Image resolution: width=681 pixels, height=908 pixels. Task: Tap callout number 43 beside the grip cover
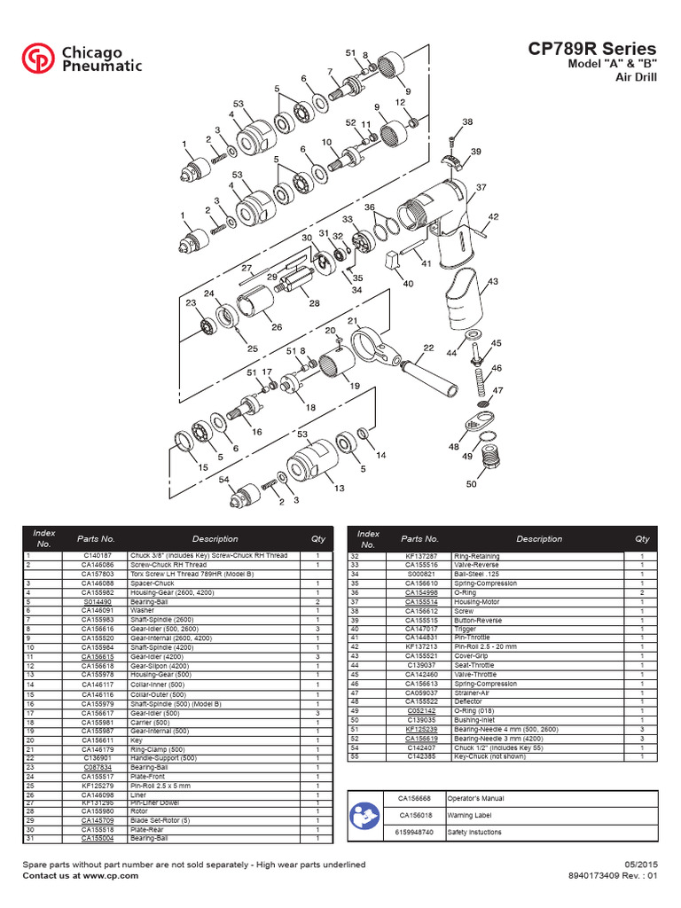[493, 282]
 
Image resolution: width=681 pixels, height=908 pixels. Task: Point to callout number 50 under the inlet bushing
[471, 484]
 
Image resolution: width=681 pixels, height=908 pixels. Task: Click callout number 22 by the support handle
[428, 348]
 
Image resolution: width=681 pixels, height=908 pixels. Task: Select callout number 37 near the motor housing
[481, 188]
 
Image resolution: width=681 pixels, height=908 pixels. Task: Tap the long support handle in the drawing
[430, 377]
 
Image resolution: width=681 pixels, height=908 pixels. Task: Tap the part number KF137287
[419, 555]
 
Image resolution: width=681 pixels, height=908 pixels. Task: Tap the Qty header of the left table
[317, 538]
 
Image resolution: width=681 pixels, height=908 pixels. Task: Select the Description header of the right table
[539, 538]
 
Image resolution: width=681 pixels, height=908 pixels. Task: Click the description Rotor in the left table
[139, 810]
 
